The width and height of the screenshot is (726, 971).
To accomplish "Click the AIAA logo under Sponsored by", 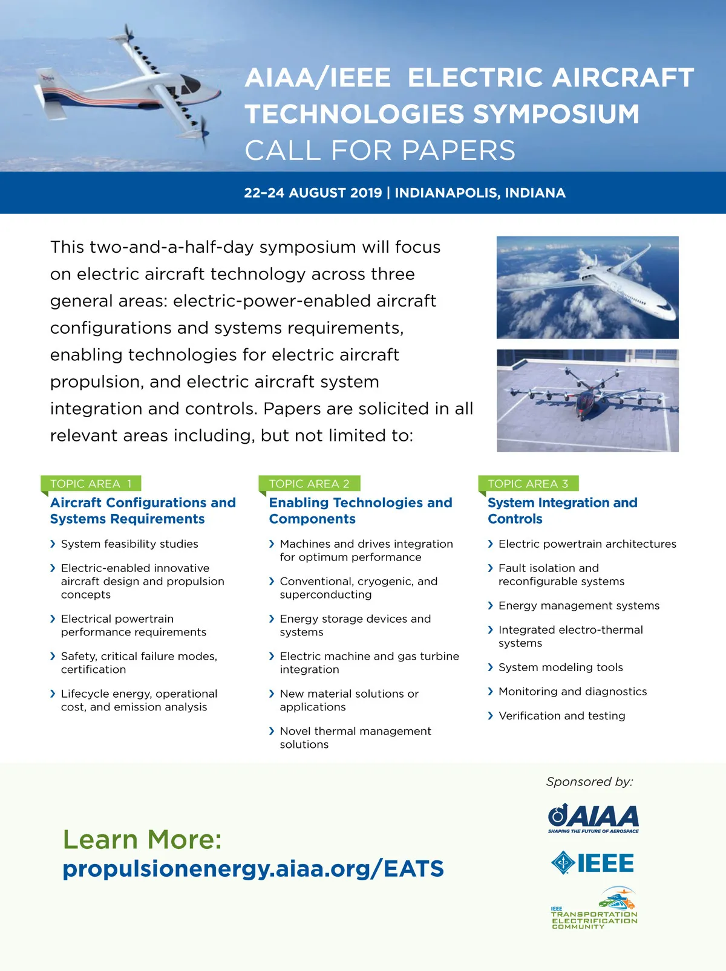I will click(594, 818).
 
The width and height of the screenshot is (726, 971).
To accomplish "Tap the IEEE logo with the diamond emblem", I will click(593, 863).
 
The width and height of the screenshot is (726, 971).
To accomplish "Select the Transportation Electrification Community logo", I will click(594, 909).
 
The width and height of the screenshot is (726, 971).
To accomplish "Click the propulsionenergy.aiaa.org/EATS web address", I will click(253, 869).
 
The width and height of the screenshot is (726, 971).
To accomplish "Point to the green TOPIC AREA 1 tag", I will click(91, 484).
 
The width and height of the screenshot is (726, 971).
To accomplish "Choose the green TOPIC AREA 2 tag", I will click(309, 484).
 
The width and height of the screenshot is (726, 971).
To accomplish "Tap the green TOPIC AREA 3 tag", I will click(528, 484).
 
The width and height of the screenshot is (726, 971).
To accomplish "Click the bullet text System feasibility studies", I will click(129, 544).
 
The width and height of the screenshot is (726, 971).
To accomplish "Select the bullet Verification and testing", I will click(561, 716).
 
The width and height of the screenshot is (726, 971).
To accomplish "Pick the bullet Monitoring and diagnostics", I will click(572, 692).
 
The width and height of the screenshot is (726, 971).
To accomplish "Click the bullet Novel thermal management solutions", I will click(355, 738).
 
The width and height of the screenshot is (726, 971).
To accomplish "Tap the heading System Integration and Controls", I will click(562, 511).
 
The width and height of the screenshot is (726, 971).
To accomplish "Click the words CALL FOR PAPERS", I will click(380, 151).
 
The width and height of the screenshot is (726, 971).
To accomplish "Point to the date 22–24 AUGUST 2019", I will click(313, 193).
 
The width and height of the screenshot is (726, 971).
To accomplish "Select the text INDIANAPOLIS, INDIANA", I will click(480, 193).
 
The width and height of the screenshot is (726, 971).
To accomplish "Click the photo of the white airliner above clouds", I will click(587, 287).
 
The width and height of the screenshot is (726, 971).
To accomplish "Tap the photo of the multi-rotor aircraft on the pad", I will click(587, 400).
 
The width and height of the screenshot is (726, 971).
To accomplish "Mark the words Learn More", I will click(142, 839).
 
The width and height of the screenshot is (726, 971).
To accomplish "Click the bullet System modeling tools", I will click(560, 667).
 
